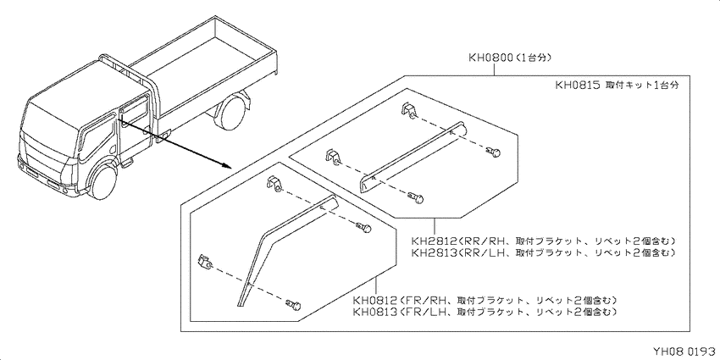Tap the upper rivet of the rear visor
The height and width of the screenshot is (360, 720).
(x=493, y=151)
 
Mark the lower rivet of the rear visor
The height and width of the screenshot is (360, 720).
(x=416, y=198)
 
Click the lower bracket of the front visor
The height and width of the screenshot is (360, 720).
(x=204, y=261)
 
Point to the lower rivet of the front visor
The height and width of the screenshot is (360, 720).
(x=294, y=303)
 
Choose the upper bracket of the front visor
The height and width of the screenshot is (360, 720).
(x=274, y=184)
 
